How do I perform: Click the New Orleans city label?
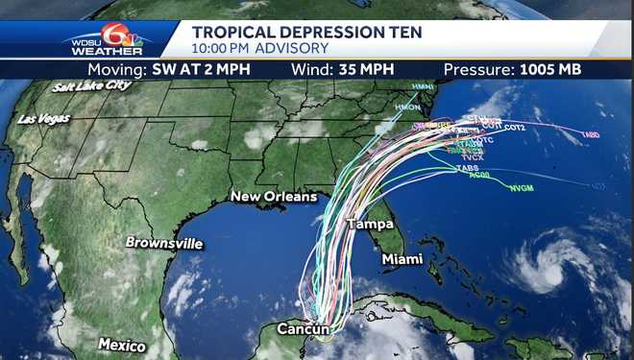(273, 197)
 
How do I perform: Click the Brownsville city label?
(164, 243)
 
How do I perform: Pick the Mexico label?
(122, 345)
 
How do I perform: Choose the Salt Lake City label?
(92, 85)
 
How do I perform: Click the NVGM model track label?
(522, 188)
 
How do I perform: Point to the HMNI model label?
(423, 87)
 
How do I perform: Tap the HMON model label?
(408, 107)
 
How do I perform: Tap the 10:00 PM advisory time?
(223, 48)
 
